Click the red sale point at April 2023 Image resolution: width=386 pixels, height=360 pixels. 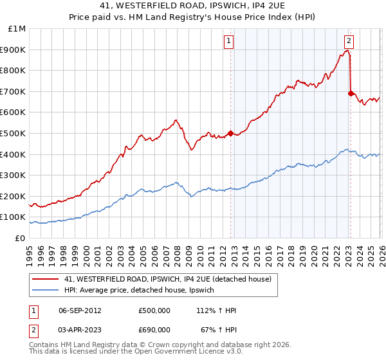pos(351,93)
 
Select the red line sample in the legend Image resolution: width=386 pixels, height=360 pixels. pos(46,279)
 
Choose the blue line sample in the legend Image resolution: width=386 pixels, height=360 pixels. pos(46,291)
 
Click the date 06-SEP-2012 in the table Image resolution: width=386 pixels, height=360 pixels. pos(80,310)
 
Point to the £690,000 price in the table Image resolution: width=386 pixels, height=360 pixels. pos(154,329)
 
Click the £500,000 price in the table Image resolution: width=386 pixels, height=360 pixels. pos(154,310)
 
